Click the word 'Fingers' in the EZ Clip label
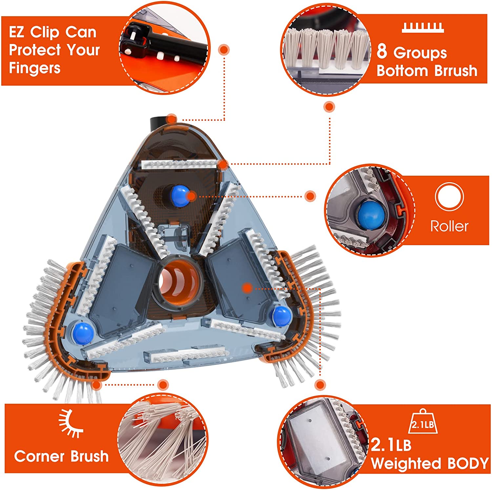[34, 68]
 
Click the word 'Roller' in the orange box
[449, 226]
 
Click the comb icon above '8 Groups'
[423, 28]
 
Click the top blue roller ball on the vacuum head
[180, 195]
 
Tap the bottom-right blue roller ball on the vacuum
[281, 316]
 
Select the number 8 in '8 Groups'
[381, 52]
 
